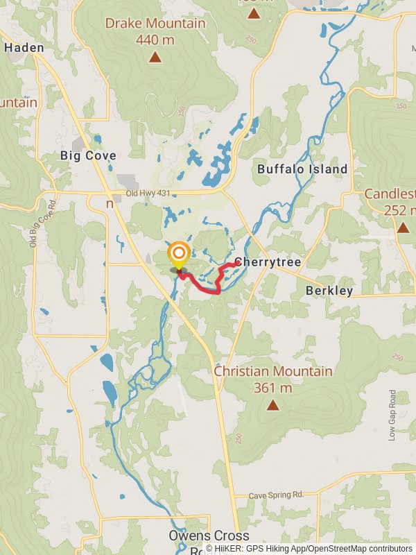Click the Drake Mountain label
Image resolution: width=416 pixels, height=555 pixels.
[x=155, y=24]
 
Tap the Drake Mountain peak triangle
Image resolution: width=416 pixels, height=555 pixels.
[x=155, y=58]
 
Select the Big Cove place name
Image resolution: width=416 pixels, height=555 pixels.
[x=88, y=155]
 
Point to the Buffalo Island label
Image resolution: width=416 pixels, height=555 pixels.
[x=302, y=169]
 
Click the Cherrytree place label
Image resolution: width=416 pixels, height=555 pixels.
[x=268, y=262]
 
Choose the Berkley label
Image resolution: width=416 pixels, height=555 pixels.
[x=329, y=291]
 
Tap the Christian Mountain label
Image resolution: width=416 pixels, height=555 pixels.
[x=272, y=372]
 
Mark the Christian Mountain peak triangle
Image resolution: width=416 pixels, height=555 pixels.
[x=272, y=405]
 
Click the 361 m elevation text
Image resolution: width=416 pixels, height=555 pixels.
[x=272, y=388]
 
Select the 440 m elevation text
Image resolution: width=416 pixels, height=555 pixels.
[x=155, y=40]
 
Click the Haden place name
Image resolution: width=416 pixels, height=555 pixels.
[x=24, y=48]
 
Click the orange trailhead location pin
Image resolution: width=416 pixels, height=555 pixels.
[x=179, y=255]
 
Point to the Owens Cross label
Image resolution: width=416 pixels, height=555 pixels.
[x=209, y=536]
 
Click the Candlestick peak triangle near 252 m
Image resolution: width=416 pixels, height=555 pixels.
[x=403, y=228]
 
